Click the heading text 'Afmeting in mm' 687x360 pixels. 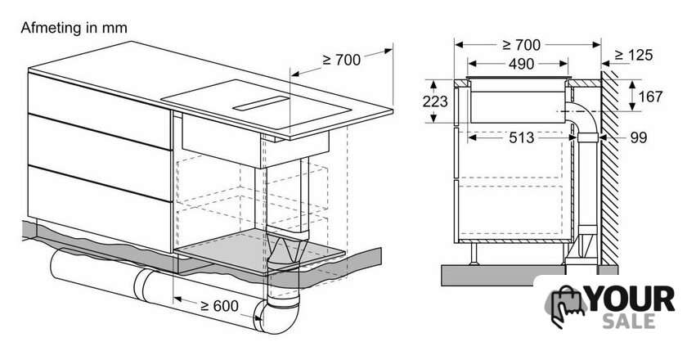(x=74, y=28)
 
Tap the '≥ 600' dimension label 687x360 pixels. (x=219, y=306)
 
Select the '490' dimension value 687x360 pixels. (x=522, y=64)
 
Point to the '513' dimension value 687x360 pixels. (x=522, y=137)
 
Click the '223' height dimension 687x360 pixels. (x=435, y=101)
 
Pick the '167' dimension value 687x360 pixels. (x=651, y=97)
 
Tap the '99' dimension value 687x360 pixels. (x=639, y=137)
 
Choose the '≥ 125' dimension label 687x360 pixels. (x=634, y=56)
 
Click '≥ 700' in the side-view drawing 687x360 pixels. (x=522, y=45)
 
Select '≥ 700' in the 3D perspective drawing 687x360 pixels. (x=342, y=60)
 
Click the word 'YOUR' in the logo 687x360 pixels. (x=631, y=299)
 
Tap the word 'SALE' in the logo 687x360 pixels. (x=629, y=321)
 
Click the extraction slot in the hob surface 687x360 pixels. (x=261, y=103)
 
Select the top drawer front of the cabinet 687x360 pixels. (x=99, y=110)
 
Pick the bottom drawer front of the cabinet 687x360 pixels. (x=99, y=208)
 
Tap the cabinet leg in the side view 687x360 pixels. (x=474, y=254)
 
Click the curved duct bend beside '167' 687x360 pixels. (x=581, y=116)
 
